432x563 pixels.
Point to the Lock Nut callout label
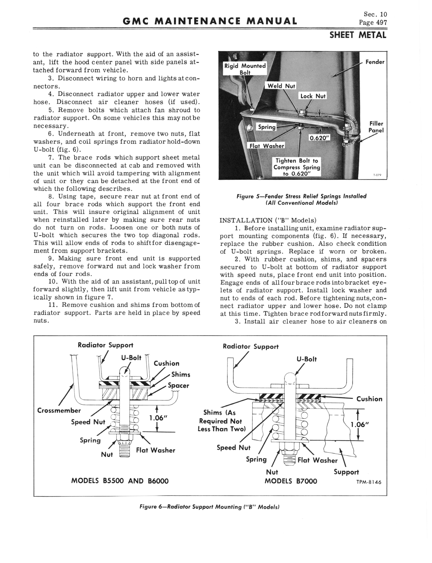(313, 96)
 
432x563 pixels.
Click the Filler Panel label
(376, 127)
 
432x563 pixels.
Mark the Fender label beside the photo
(375, 62)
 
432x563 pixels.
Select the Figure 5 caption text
(301, 199)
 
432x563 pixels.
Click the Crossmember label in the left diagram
(59, 410)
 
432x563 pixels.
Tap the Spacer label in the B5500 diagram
(178, 386)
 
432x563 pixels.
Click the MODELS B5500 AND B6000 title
(120, 481)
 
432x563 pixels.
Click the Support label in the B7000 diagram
(346, 472)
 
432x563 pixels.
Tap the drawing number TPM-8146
(369, 482)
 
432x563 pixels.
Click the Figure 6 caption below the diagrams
(209, 507)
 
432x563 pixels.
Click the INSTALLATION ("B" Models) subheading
(268, 221)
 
